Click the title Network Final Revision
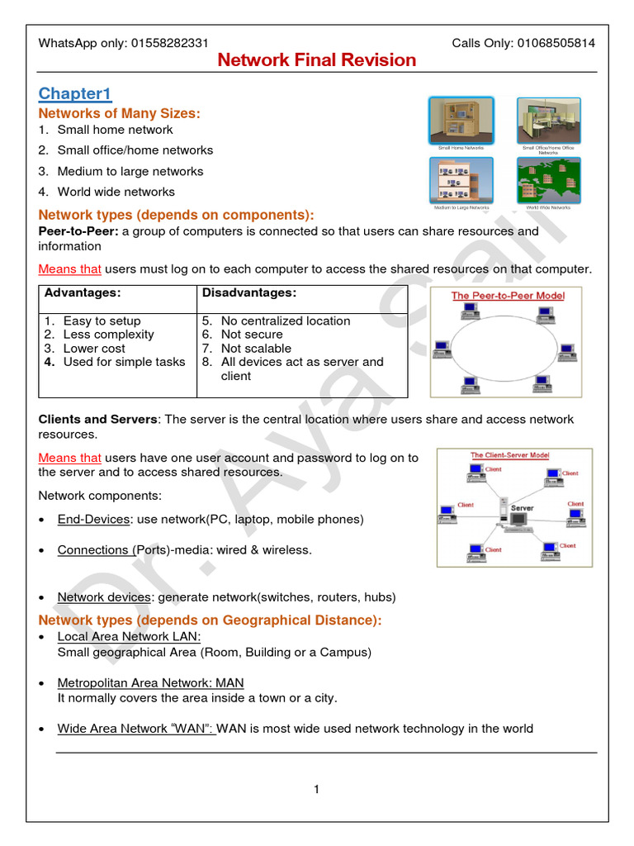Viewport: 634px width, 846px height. (317, 60)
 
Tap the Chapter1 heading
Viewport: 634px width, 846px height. (75, 93)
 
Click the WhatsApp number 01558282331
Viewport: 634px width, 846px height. (170, 43)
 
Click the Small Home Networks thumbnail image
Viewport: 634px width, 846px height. (461, 120)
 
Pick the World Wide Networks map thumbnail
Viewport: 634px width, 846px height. (548, 179)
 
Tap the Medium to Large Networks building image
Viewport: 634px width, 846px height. (461, 179)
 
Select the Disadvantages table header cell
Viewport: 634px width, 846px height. (248, 293)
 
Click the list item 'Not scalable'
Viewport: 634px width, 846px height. (256, 349)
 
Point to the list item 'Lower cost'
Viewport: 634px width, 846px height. (94, 349)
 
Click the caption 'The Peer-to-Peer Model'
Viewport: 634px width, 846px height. (508, 296)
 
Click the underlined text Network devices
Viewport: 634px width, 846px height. (104, 597)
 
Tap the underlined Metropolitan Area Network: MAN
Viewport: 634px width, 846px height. (150, 683)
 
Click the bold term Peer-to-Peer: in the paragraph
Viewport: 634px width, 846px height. (78, 231)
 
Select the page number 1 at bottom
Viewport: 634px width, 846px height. (316, 790)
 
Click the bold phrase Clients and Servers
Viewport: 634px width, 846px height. (97, 420)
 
